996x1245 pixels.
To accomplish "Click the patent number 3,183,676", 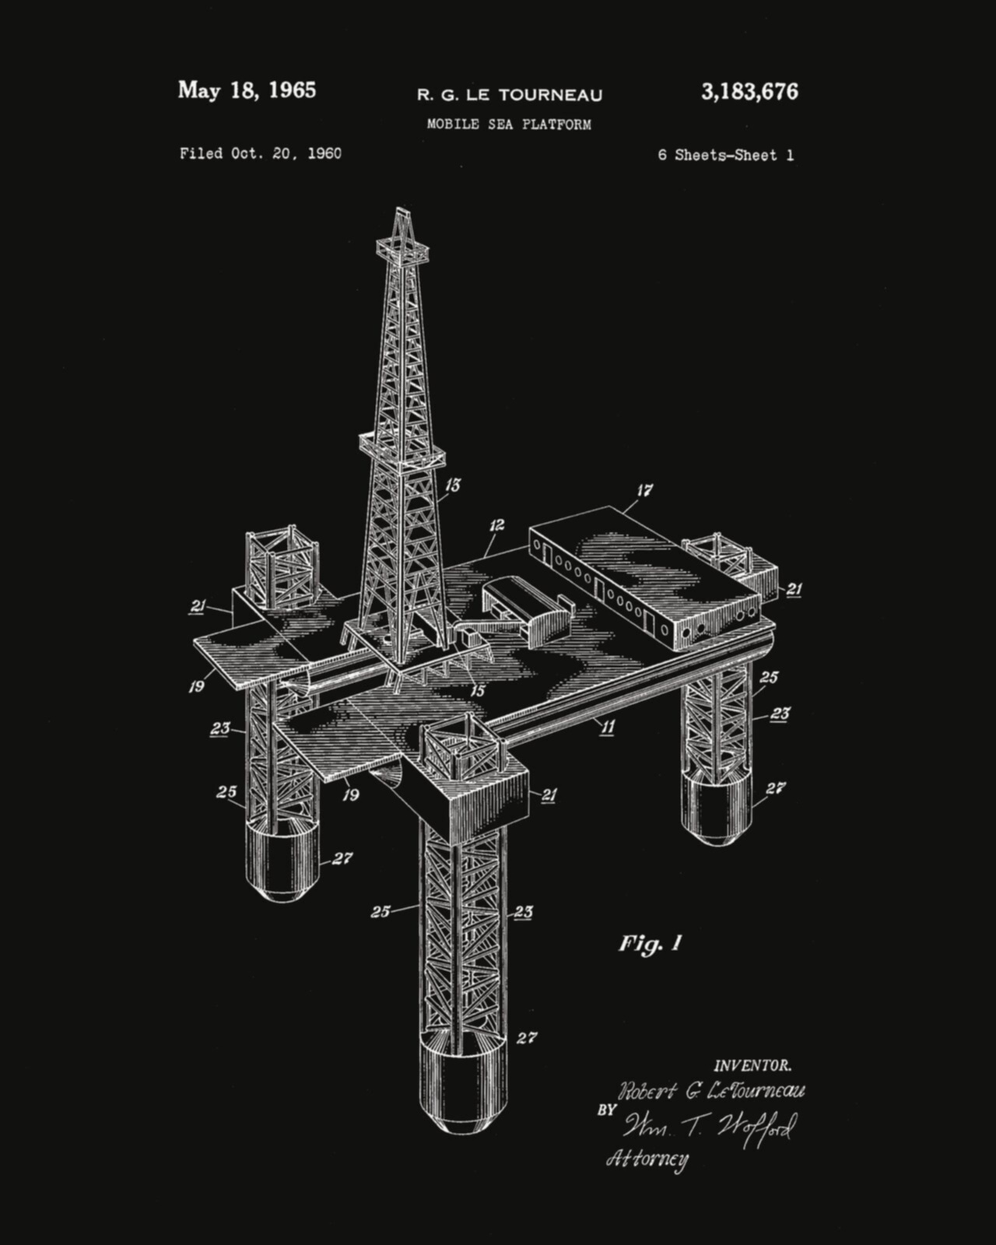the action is pyautogui.click(x=749, y=92).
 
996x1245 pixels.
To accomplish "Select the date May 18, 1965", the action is pyautogui.click(x=247, y=90).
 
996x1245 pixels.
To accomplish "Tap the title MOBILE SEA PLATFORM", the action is pyautogui.click(x=510, y=124).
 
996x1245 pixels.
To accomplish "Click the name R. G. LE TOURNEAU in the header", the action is pyautogui.click(x=510, y=95).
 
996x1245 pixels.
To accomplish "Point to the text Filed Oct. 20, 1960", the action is pyautogui.click(x=261, y=154).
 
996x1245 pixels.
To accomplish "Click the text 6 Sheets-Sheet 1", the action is pyautogui.click(x=726, y=155).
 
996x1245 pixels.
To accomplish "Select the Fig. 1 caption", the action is pyautogui.click(x=651, y=944).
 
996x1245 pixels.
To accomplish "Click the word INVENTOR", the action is pyautogui.click(x=752, y=1065).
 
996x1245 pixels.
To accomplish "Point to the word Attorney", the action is pyautogui.click(x=647, y=1159).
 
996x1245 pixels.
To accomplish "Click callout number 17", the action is pyautogui.click(x=645, y=490).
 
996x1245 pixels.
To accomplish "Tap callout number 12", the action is pyautogui.click(x=496, y=524).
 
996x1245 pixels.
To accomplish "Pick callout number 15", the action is pyautogui.click(x=478, y=690).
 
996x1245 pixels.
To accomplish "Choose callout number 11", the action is pyautogui.click(x=608, y=727).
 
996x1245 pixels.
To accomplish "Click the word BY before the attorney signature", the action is pyautogui.click(x=606, y=1110).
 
